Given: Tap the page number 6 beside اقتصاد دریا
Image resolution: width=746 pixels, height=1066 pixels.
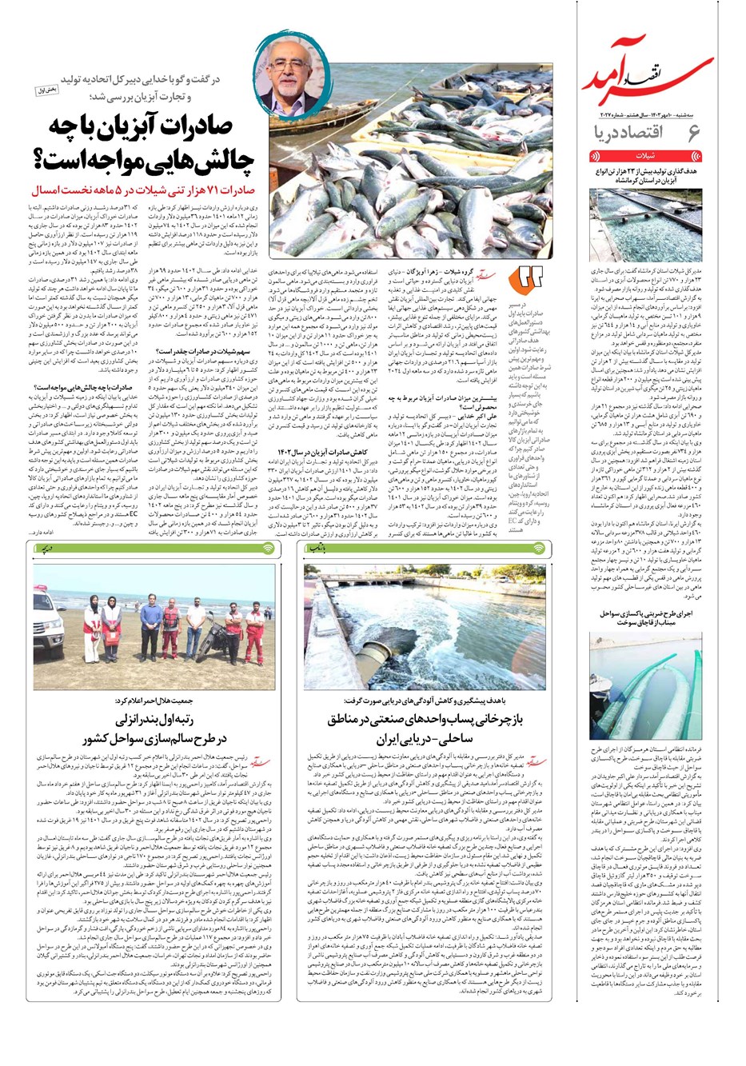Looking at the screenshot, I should pyautogui.click(x=693, y=133).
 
